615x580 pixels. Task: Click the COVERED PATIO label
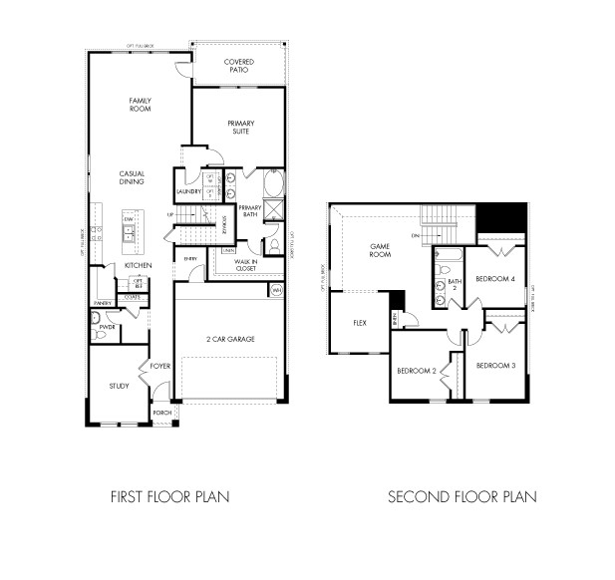[238, 66]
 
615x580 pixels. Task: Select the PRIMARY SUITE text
[238, 127]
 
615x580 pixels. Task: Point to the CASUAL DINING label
[132, 177]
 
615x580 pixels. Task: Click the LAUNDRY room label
[189, 191]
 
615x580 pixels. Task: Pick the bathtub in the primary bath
[275, 187]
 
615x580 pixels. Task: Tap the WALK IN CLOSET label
[246, 265]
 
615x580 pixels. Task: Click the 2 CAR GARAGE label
[231, 340]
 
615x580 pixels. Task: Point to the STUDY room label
[119, 387]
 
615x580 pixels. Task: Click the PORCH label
[161, 413]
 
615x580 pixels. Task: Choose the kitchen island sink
[128, 234]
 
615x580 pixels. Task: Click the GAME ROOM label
[380, 250]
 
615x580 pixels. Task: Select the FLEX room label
[361, 323]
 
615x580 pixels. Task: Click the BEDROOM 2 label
[417, 370]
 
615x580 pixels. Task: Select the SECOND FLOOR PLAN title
[461, 496]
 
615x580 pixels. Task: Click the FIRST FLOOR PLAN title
[168, 496]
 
